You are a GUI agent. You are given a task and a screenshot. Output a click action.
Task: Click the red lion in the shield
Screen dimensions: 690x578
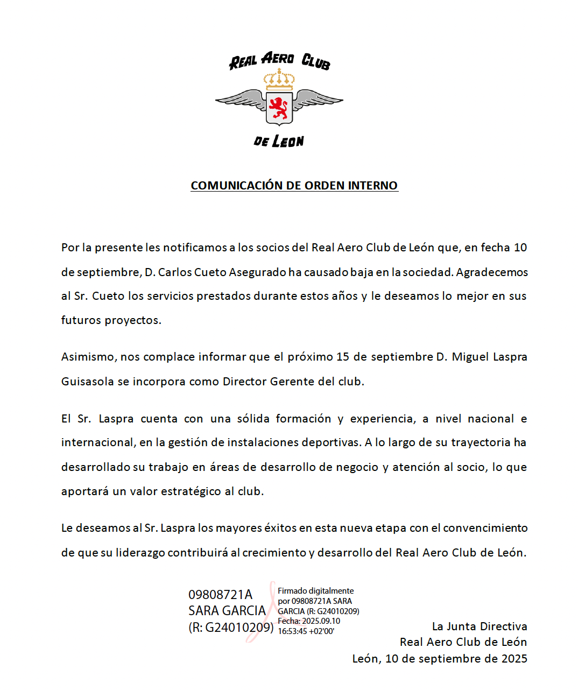tap(279, 108)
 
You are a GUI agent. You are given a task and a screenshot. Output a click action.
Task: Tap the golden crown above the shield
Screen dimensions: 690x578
tap(279, 81)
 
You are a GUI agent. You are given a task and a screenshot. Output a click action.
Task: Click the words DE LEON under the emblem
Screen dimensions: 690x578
tap(279, 142)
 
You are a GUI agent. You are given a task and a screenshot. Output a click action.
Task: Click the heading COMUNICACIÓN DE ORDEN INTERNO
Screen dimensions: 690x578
tap(294, 186)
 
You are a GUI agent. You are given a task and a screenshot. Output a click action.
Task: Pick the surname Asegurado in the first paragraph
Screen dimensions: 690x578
tap(257, 272)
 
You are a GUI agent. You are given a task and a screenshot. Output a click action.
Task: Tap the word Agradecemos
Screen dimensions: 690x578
tap(492, 272)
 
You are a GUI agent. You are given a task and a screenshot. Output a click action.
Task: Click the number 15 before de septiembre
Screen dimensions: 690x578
tap(343, 357)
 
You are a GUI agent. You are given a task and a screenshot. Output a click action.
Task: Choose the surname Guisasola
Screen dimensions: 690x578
tap(87, 382)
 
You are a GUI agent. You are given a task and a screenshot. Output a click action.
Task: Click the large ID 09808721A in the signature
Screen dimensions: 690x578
tap(220, 595)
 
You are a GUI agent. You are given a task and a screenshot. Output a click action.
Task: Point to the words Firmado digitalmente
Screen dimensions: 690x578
tap(315, 591)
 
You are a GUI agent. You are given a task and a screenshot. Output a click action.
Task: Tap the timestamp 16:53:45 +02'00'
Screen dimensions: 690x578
tap(306, 631)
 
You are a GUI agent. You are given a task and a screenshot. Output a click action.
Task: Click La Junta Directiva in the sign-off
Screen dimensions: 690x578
tap(480, 626)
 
